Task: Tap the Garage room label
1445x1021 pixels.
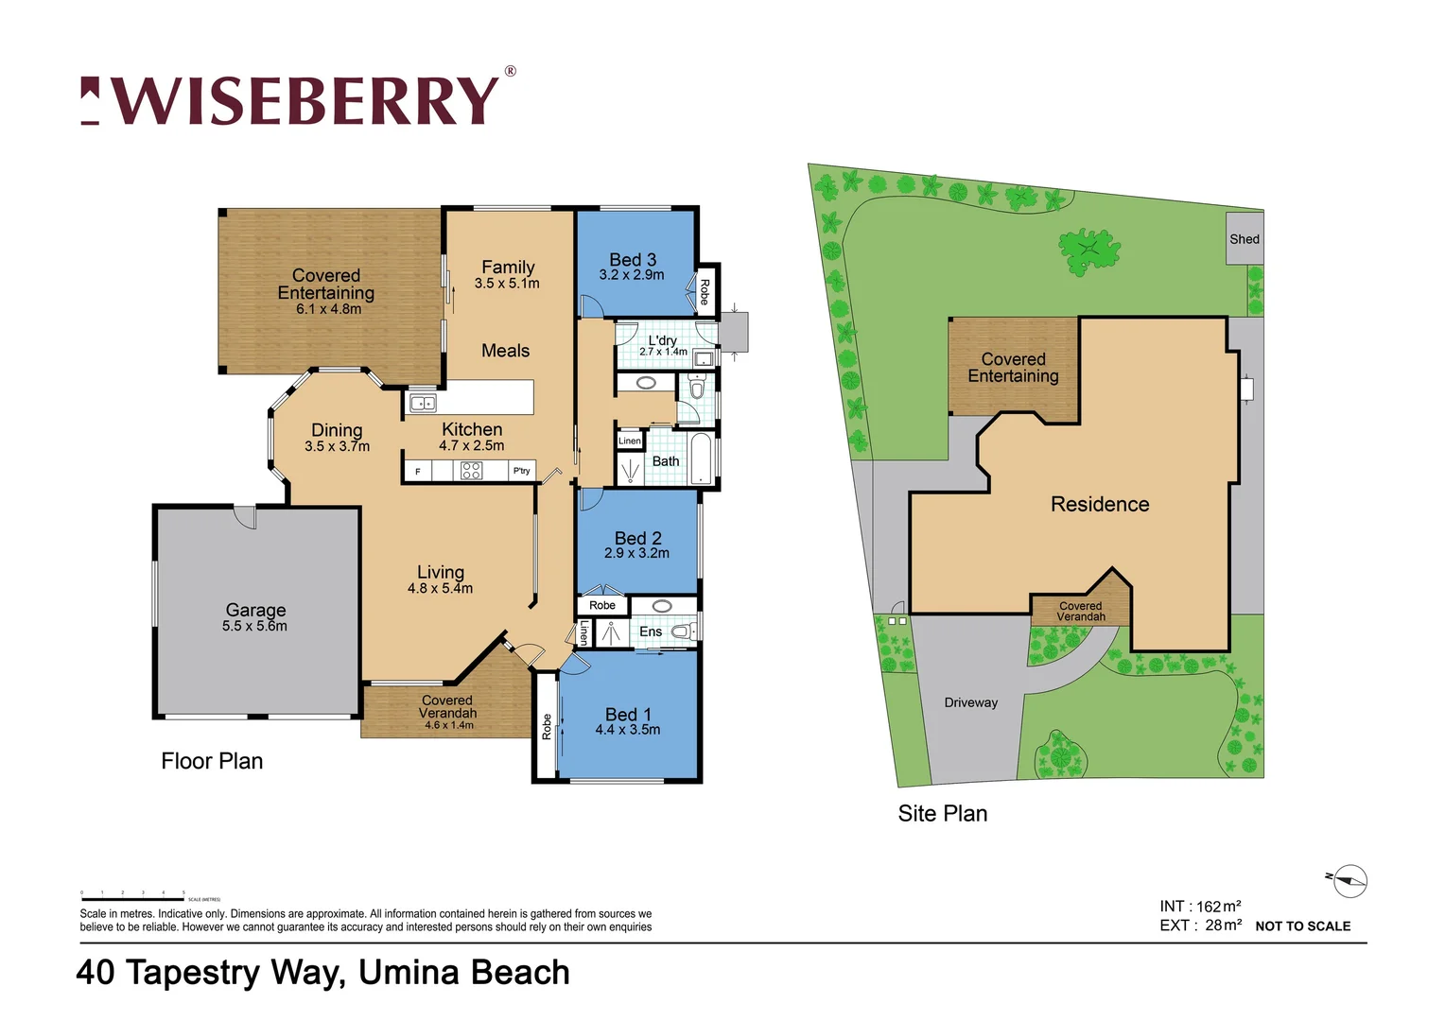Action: point(255,611)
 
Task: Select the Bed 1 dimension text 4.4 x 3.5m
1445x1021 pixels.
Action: point(628,730)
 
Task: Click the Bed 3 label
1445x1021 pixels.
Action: point(633,259)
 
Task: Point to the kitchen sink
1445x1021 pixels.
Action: point(423,404)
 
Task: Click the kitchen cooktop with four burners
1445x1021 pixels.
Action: point(471,471)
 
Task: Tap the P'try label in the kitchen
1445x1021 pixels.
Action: point(521,471)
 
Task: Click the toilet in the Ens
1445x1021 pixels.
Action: point(681,632)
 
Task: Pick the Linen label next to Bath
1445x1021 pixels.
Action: point(630,441)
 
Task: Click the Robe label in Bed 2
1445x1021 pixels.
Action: point(602,605)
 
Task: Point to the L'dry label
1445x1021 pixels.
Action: point(662,340)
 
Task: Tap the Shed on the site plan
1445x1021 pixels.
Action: point(1245,239)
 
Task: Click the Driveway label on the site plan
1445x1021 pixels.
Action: point(971,702)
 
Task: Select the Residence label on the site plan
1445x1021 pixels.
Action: point(1100,504)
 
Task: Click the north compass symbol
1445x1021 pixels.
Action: point(1350,881)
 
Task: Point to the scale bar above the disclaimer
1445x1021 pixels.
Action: point(132,899)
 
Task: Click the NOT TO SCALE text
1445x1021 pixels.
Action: point(1302,926)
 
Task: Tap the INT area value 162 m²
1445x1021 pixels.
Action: point(1218,907)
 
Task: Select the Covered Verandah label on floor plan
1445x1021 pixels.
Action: point(447,707)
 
